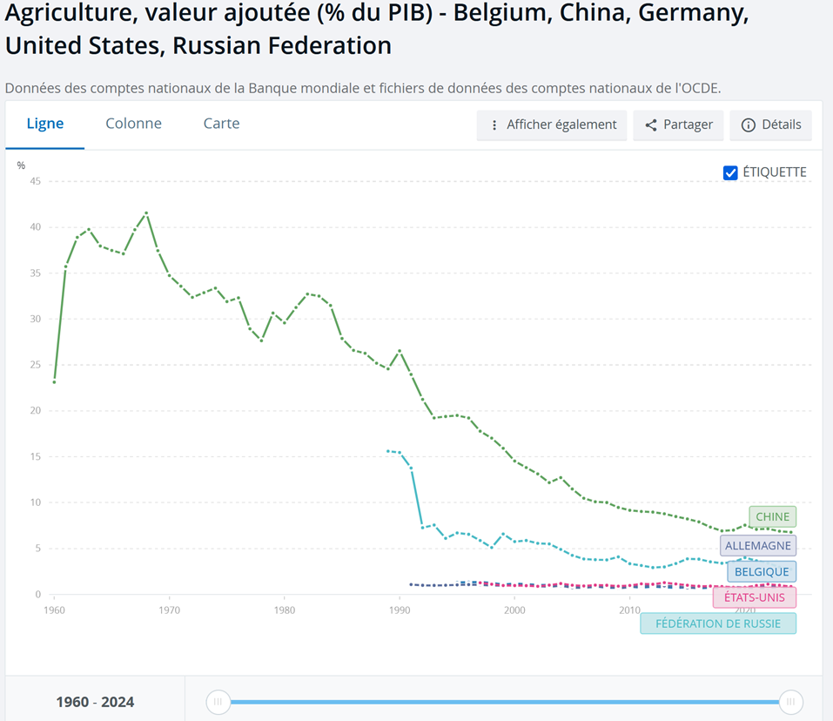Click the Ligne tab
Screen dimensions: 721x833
pos(45,124)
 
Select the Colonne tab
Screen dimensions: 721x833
pos(133,124)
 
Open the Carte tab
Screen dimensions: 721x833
pos(221,124)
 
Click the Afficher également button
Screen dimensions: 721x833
pos(553,125)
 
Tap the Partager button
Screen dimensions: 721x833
pos(679,125)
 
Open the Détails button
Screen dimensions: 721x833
pos(771,125)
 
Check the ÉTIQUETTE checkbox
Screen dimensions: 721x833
pos(731,172)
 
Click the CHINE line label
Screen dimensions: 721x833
pos(772,516)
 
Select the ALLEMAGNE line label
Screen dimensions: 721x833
pos(758,546)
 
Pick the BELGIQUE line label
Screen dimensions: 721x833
pos(762,572)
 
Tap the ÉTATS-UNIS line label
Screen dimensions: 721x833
pos(754,597)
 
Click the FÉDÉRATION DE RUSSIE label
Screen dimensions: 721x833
pos(717,623)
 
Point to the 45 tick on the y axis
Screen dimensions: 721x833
pos(36,181)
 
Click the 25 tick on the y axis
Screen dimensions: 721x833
pos(36,365)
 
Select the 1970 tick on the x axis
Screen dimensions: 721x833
pos(170,610)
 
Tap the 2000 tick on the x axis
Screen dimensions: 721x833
pos(514,610)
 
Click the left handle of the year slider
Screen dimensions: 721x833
pos(218,702)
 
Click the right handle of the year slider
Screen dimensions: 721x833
pos(790,702)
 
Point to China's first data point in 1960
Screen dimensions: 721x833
pos(55,381)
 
